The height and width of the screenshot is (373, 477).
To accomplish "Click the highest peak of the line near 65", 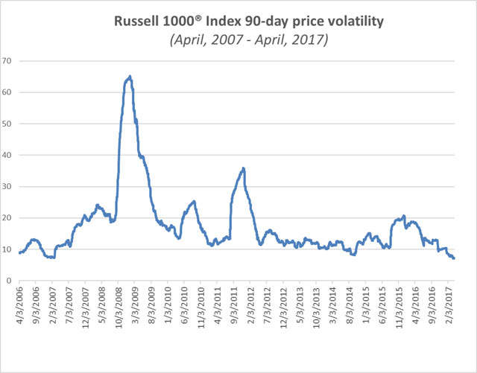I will click(x=130, y=76).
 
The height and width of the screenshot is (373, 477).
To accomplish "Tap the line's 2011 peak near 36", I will click(x=243, y=168).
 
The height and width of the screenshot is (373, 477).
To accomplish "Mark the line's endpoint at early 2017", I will click(x=455, y=258).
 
